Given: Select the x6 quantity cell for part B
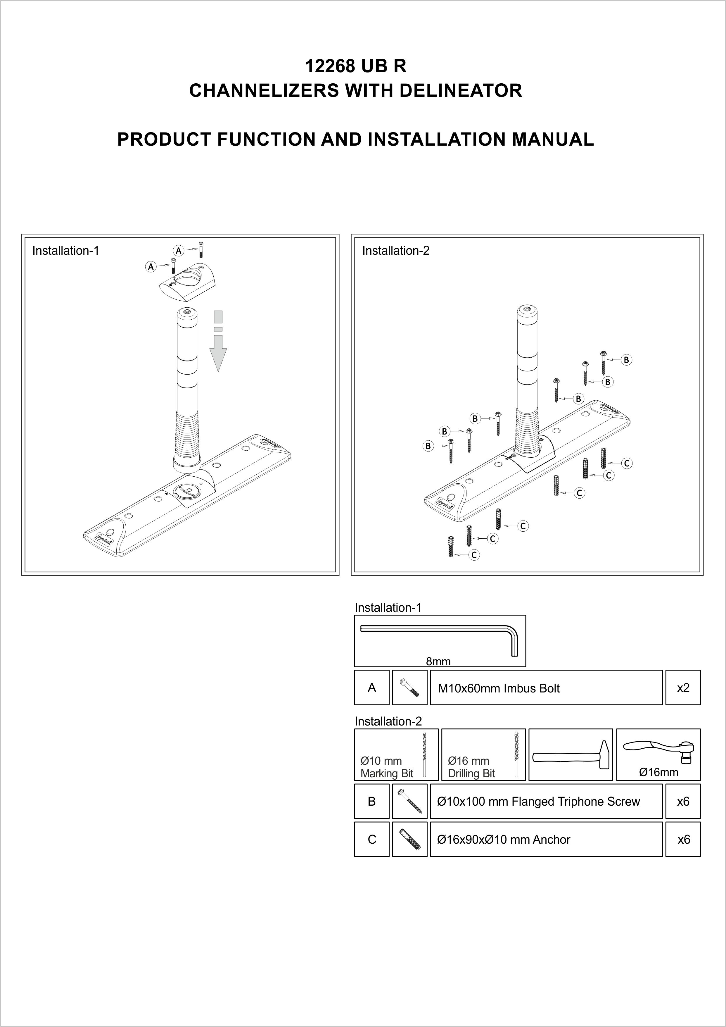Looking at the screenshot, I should coord(683,802).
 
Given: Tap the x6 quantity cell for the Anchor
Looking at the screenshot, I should coord(683,840).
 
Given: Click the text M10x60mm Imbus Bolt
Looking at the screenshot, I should coord(498,688).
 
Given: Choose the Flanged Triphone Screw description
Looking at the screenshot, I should coord(538,802).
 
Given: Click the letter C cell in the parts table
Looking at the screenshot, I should coord(371,840).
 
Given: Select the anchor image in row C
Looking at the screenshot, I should coord(409,840).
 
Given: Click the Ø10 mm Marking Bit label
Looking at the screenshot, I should coord(387,767).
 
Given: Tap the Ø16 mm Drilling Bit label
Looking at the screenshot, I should coord(471,767).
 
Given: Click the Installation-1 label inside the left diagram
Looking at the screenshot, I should coord(65,251).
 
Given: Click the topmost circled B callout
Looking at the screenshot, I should coord(626,360).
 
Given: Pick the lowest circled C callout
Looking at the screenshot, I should coord(474,555).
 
